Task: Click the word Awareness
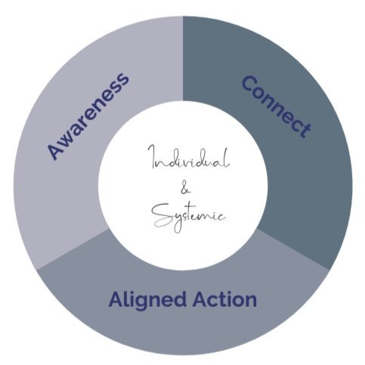(88, 116)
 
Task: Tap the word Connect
(277, 107)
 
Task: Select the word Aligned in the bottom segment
(147, 301)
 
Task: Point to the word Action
(224, 299)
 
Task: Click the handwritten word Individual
(188, 157)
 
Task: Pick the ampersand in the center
(185, 189)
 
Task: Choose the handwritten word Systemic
(188, 217)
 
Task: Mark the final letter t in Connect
(305, 130)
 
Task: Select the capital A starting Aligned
(116, 299)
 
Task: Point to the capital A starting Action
(201, 299)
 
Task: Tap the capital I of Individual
(152, 156)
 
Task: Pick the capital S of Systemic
(162, 215)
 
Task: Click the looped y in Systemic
(178, 221)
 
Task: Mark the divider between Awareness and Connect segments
(183, 58)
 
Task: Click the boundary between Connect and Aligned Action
(292, 249)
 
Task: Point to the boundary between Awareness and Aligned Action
(73, 249)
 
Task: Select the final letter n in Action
(251, 302)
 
